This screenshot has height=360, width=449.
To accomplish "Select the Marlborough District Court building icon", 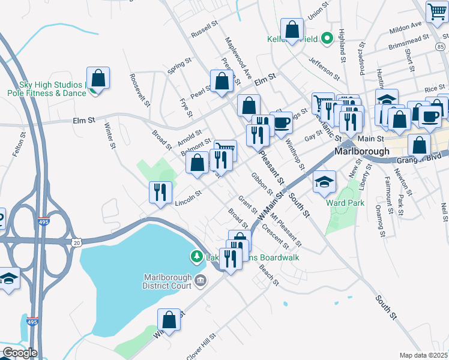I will pos(200,280).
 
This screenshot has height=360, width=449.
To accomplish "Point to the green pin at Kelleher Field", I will pos(327,39).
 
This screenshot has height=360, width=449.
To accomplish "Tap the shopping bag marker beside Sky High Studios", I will pos(98,79).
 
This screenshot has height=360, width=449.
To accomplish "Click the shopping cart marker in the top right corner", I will pos(436,11).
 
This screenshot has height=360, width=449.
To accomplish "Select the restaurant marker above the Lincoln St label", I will pos(160,193).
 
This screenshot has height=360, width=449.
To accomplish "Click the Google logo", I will pos(19,353).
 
